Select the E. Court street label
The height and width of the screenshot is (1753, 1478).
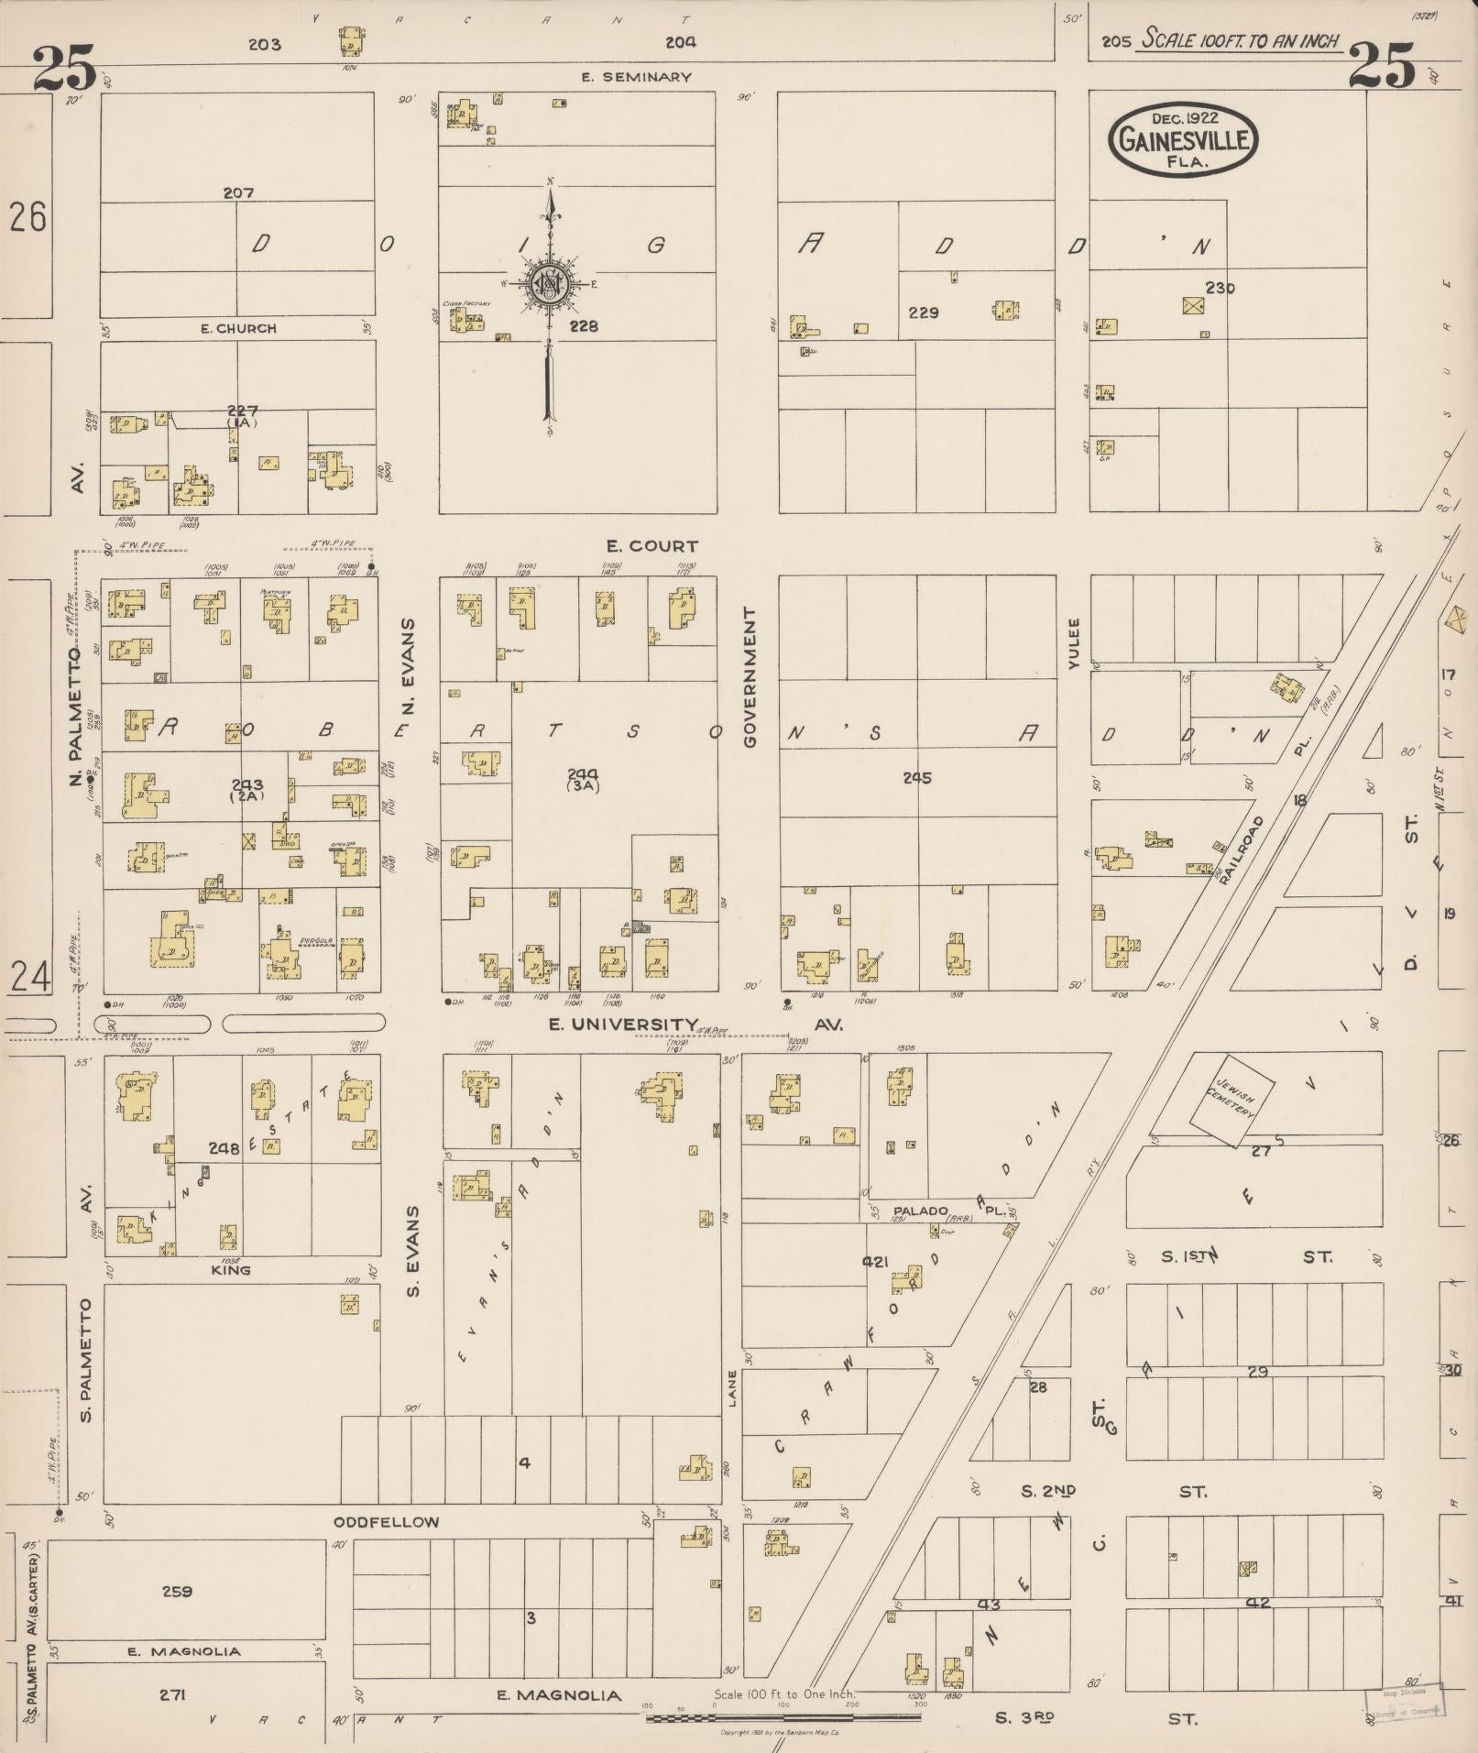click(x=651, y=546)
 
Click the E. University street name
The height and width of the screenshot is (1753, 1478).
click(x=624, y=1024)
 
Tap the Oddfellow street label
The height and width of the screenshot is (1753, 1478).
click(x=386, y=1522)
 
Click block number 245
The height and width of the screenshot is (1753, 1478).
click(x=916, y=778)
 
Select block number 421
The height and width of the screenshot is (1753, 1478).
click(x=876, y=1262)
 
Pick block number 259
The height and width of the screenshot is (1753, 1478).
click(x=177, y=1591)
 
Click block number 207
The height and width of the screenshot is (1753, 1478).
click(x=238, y=193)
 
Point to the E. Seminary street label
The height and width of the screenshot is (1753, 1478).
click(x=636, y=77)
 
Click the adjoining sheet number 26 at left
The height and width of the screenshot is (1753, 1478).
click(x=27, y=218)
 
